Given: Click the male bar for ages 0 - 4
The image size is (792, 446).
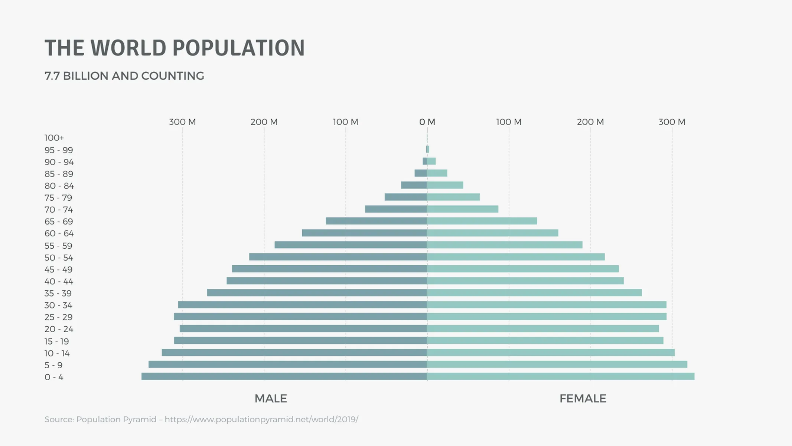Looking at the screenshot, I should click(284, 376).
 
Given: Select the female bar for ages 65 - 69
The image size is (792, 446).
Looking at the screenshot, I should click(482, 221).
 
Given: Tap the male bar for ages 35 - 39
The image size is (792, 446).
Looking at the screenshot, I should click(317, 293).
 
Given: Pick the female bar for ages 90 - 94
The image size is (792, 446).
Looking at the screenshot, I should click(431, 161).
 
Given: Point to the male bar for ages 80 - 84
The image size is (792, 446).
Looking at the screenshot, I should click(414, 185).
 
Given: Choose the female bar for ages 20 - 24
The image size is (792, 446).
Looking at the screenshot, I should click(543, 329).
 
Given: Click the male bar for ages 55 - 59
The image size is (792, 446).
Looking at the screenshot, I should click(351, 245).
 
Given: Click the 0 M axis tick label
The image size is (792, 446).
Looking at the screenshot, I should click(427, 122).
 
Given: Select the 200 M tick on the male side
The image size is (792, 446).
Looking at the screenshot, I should click(264, 122).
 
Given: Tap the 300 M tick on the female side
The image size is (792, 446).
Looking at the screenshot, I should click(672, 122).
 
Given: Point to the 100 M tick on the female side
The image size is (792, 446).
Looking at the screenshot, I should click(509, 122).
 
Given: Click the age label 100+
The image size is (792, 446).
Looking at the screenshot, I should click(54, 138).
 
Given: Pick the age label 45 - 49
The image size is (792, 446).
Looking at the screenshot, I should click(59, 269).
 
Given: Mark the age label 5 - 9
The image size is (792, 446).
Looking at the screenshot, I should click(53, 365).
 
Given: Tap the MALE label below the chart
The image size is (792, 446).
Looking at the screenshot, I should click(271, 398).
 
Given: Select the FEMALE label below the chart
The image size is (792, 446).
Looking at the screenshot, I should click(583, 398).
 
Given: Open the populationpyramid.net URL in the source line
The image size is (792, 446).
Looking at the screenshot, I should click(261, 419).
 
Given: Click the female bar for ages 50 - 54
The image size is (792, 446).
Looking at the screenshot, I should click(516, 257).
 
